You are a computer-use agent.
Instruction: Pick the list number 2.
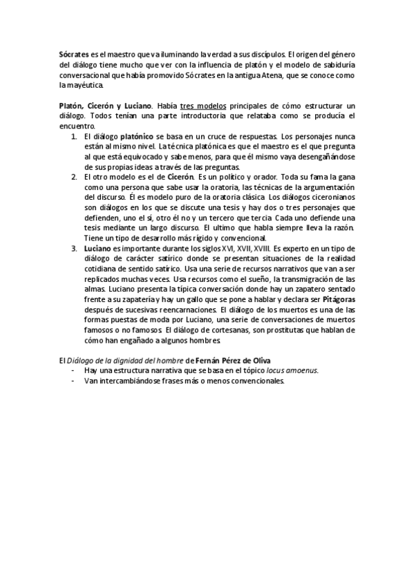(75, 178)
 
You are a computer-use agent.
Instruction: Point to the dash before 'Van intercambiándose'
(74, 381)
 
